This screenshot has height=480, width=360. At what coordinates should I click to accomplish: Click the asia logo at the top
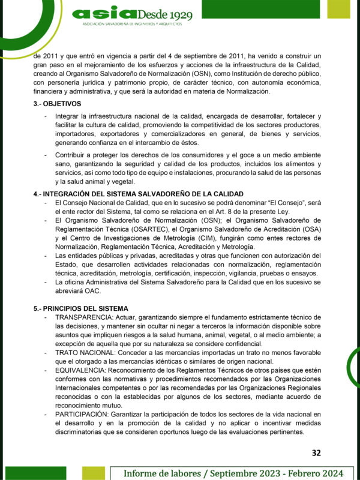112,13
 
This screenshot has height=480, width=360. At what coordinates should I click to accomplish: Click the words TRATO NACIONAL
83,353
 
